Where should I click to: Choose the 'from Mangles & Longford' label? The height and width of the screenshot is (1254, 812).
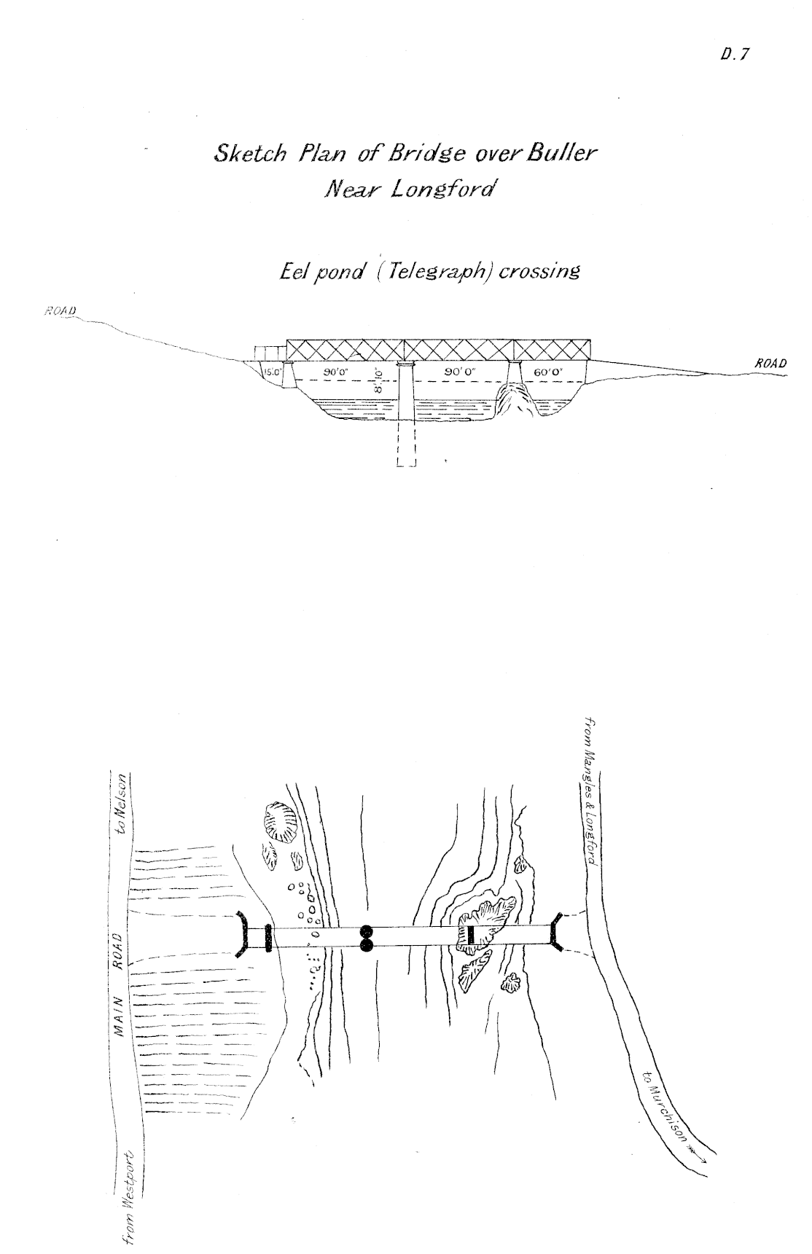pyautogui.click(x=591, y=792)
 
